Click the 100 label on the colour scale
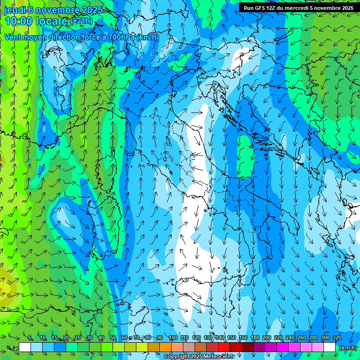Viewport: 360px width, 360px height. (172, 337)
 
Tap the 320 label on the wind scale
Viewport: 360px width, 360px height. (337, 337)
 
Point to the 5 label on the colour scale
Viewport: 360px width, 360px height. (30, 337)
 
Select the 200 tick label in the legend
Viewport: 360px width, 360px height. (266, 337)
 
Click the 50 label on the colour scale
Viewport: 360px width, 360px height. (113, 337)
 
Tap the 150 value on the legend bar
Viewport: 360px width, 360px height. (231, 337)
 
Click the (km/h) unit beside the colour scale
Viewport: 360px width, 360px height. (347, 347)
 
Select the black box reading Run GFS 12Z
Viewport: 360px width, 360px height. (299, 7)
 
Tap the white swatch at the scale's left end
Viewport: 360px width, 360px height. (25, 347)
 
